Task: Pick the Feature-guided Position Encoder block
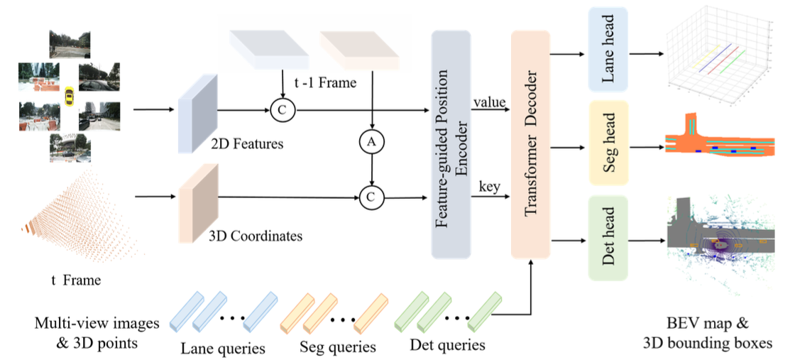[451, 145]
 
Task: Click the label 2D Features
[248, 144]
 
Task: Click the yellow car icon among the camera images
[69, 96]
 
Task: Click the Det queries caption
[447, 346]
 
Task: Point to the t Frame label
[75, 280]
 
